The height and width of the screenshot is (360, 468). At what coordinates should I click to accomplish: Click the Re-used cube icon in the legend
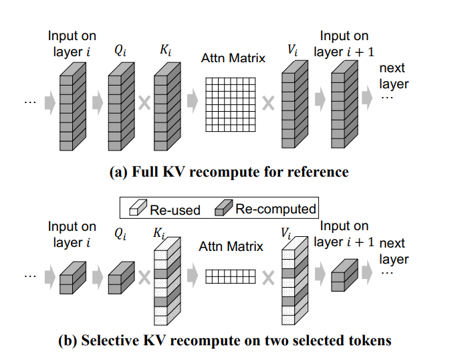coord(138,209)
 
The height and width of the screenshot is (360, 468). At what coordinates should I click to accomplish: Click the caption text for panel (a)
coord(229,172)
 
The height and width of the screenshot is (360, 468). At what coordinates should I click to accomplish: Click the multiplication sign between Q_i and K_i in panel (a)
coord(142,104)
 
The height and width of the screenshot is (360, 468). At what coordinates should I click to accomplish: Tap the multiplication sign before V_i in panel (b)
coord(267,276)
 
